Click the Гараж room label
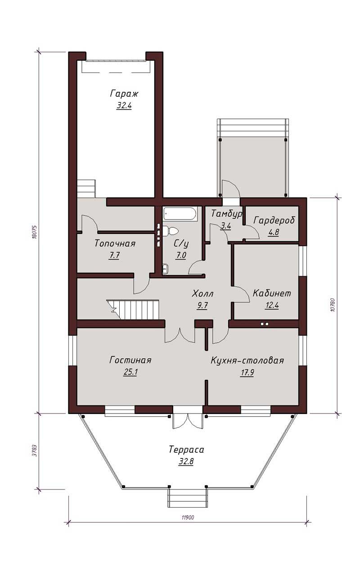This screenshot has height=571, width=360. (x=124, y=94)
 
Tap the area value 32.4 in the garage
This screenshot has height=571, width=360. (x=124, y=106)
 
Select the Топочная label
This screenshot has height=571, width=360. (x=115, y=243)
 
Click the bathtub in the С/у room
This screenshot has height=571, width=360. (x=180, y=214)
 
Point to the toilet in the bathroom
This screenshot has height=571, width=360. (x=171, y=231)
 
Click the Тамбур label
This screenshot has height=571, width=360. (x=226, y=214)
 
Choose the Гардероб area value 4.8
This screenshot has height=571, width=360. (x=273, y=232)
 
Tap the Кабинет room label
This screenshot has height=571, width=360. (x=272, y=293)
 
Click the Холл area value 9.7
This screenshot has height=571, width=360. (x=202, y=306)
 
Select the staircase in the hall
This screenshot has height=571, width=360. (x=133, y=309)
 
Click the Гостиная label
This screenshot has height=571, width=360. (x=130, y=360)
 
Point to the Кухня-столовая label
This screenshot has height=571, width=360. (x=247, y=361)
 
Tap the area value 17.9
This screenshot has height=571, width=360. (x=247, y=373)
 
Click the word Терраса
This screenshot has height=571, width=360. (x=186, y=450)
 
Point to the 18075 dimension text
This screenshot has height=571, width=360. (x=35, y=232)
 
